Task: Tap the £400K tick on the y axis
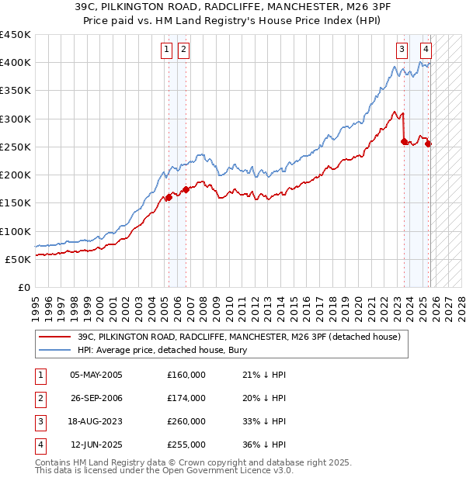16,63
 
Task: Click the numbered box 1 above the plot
166,50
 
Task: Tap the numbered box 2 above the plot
183,50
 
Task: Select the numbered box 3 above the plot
402,50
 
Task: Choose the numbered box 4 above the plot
426,50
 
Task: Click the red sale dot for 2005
169,198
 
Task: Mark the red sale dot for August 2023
404,141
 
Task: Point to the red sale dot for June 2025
428,144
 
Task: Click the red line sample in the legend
54,337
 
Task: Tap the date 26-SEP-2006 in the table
96,398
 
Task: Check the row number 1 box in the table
38,375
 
